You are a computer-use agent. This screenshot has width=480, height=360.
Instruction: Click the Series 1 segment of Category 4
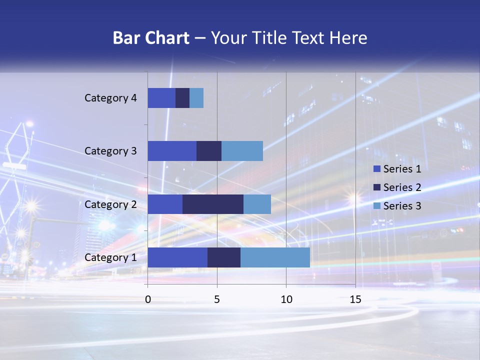[161, 98]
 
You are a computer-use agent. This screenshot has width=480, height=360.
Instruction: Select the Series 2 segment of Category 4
[182, 98]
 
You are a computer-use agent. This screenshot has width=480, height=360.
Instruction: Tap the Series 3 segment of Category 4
[196, 98]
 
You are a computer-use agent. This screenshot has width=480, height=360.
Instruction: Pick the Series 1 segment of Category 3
[172, 151]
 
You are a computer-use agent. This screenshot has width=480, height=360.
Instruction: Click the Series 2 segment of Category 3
[209, 151]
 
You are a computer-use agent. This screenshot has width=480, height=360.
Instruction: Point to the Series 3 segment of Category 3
[242, 151]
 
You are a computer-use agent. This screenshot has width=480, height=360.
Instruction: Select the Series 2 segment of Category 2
[213, 204]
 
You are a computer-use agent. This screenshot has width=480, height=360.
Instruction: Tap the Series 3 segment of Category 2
[257, 204]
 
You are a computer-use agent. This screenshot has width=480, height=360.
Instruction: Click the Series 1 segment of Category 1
[177, 257]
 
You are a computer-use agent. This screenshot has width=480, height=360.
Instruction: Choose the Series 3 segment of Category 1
[275, 257]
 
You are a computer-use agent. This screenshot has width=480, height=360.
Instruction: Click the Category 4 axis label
[110, 98]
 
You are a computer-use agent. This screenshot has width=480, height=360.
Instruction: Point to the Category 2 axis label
[110, 204]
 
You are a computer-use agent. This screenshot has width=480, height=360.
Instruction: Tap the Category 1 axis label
[110, 257]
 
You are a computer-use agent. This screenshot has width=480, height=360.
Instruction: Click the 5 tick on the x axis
[217, 299]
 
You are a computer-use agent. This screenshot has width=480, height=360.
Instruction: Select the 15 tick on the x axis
[355, 299]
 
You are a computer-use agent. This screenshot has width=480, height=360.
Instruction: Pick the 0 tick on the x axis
[147, 299]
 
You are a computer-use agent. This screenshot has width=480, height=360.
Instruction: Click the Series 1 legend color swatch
[376, 169]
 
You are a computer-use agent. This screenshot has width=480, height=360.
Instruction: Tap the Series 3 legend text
[402, 206]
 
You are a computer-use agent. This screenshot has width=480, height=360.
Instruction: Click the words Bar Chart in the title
[151, 38]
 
